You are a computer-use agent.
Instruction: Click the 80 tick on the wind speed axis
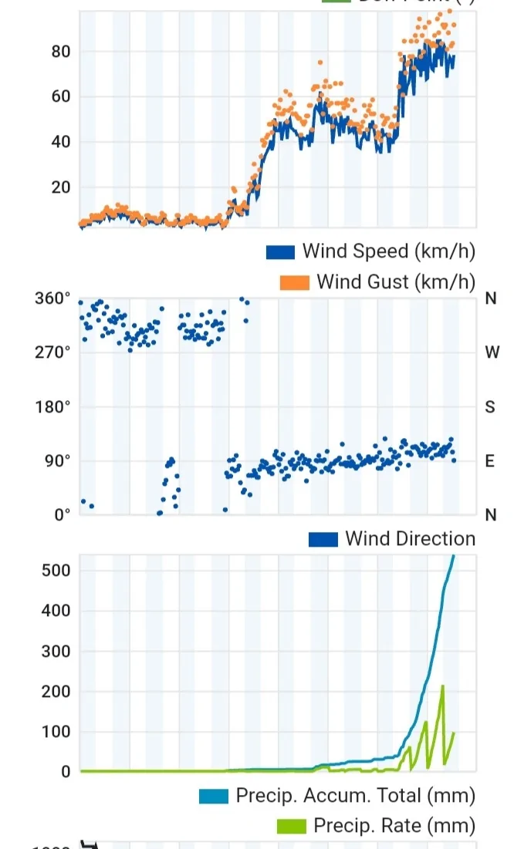pyautogui.click(x=60, y=52)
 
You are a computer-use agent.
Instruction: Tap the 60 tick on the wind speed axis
pyautogui.click(x=60, y=97)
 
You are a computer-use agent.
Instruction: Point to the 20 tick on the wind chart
pyautogui.click(x=60, y=187)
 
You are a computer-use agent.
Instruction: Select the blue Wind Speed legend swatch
pyautogui.click(x=281, y=252)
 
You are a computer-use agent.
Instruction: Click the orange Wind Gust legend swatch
pyautogui.click(x=295, y=283)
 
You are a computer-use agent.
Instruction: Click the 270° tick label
pyautogui.click(x=56, y=352)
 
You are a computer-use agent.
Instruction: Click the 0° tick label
pyautogui.click(x=62, y=515)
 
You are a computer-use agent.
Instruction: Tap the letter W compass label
pyautogui.click(x=491, y=352)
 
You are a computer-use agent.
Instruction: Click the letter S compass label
pyautogui.click(x=490, y=406)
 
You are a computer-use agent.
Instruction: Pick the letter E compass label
pyautogui.click(x=490, y=461)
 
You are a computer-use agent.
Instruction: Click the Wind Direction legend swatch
pyautogui.click(x=323, y=539)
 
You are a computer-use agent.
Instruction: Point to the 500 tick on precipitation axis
pyautogui.click(x=57, y=571)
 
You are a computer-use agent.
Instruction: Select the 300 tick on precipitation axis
pyautogui.click(x=57, y=652)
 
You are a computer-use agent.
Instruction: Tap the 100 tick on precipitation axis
pyautogui.click(x=57, y=732)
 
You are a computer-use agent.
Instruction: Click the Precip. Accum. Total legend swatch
pyautogui.click(x=214, y=796)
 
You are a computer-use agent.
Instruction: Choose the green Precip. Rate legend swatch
pyautogui.click(x=292, y=827)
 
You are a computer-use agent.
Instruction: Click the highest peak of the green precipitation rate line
pyautogui.click(x=443, y=686)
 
